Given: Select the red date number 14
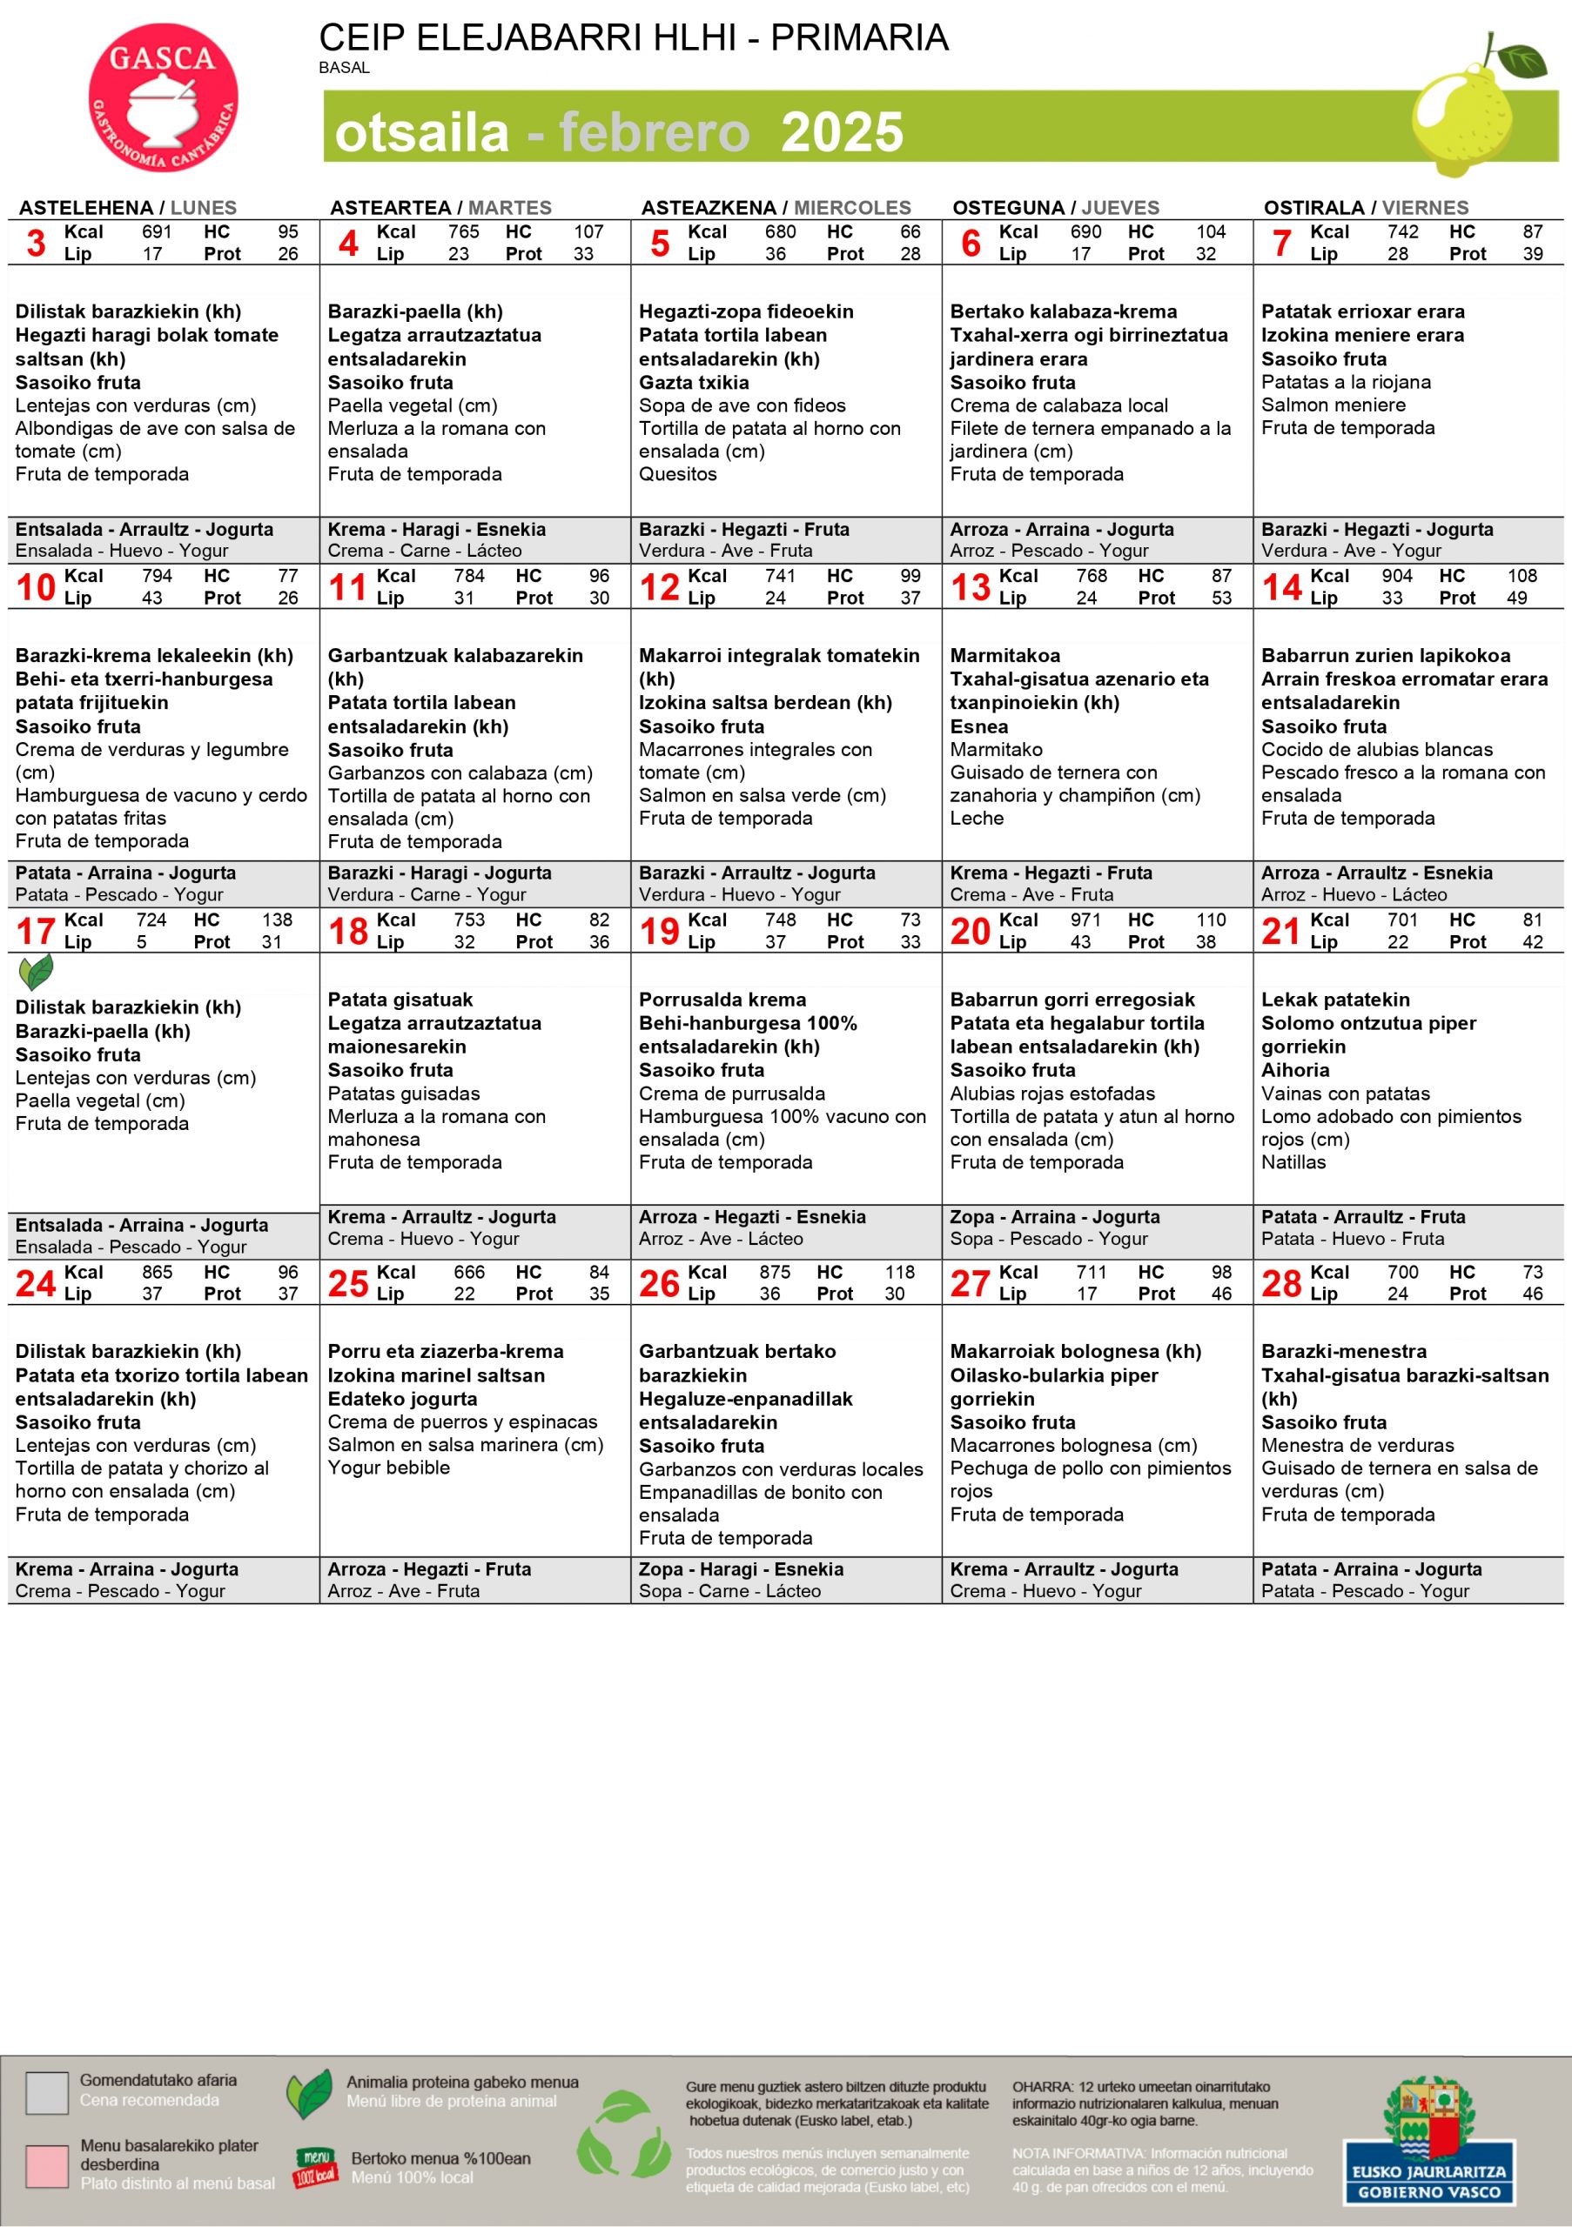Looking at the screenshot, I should [x=1281, y=587].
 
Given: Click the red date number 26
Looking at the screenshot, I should [x=659, y=1283].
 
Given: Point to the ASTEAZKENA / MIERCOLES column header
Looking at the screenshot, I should [x=776, y=208].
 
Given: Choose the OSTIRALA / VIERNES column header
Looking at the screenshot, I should [x=1366, y=208].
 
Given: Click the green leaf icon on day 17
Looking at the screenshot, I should [x=36, y=972].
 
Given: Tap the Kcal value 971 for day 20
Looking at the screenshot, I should [x=1085, y=920].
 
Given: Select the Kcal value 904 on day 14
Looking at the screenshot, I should [x=1397, y=575].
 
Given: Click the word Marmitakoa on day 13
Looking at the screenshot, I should [x=1004, y=656].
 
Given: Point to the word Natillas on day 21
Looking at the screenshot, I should [x=1293, y=1162].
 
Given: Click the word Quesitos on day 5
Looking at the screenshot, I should [x=677, y=474].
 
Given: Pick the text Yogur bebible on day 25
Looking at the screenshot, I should [x=388, y=1468].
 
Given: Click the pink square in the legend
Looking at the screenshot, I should [x=47, y=2166].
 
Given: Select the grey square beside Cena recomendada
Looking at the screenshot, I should [x=47, y=2093].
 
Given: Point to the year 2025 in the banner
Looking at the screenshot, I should [x=842, y=133].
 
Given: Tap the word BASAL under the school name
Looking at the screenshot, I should [x=344, y=68].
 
